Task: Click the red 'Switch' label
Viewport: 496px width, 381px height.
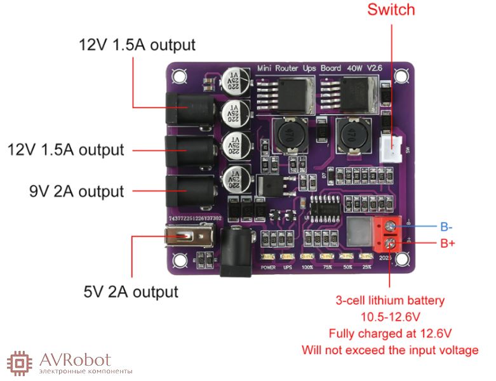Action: [391, 10]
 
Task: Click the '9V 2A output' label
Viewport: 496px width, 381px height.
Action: [76, 191]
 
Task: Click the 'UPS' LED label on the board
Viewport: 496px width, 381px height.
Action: [288, 267]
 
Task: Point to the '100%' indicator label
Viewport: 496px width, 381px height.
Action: [307, 267]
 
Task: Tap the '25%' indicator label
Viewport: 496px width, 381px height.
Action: [366, 267]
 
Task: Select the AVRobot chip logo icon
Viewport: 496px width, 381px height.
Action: [20, 363]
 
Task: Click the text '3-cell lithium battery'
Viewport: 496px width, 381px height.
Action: [391, 300]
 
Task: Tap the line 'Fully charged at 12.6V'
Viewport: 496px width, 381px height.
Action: [391, 333]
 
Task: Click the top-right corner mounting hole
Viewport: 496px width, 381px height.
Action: [400, 76]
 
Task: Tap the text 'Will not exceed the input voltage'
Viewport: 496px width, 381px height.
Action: [391, 350]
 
